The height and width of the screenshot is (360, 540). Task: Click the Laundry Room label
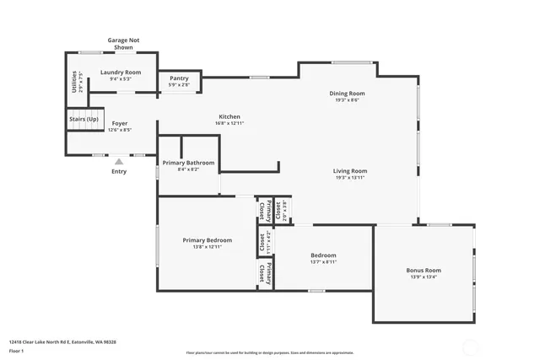121,73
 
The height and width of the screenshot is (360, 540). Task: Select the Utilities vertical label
74,82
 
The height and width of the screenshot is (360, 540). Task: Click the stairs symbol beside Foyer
85,121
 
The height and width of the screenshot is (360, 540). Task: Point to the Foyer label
119,123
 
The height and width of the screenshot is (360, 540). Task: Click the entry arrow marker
119,161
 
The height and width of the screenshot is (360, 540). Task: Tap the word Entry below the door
119,172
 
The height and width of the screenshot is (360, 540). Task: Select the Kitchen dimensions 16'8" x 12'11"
229,123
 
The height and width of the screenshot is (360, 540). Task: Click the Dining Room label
347,93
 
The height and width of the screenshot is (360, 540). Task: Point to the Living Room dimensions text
350,177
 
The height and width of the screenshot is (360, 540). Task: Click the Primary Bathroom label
188,163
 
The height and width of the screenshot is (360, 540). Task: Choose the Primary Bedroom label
208,240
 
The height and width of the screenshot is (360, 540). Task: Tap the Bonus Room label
424,271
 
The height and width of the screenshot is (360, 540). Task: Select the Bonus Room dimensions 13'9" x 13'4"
424,277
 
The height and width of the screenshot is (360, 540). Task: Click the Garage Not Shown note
123,44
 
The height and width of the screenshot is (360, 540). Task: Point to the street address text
62,342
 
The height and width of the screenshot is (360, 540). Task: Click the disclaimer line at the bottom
270,352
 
